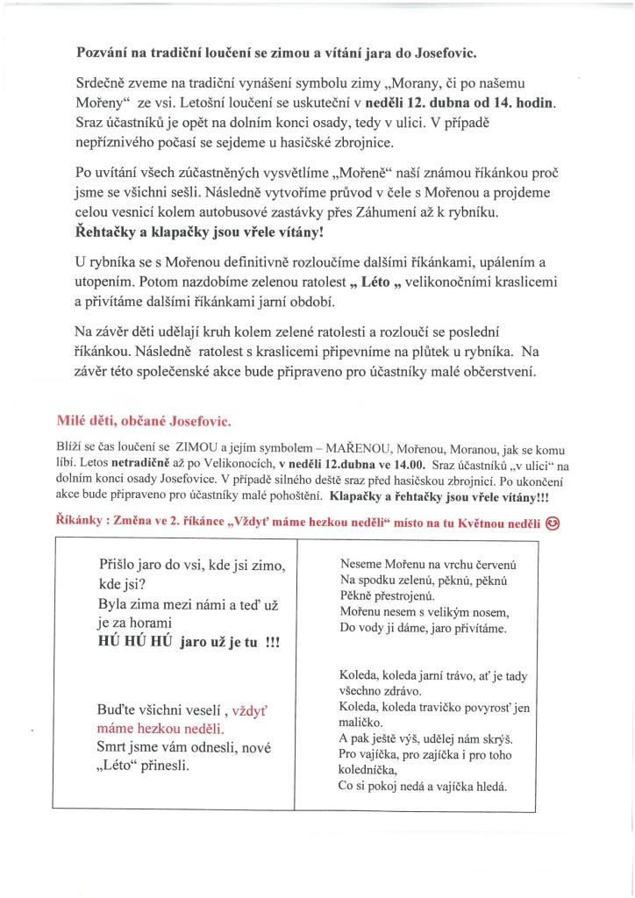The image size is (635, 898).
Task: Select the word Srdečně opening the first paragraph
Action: (x=104, y=83)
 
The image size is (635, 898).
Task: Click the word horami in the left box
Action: (x=149, y=621)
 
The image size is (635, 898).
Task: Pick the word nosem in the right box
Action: (x=491, y=611)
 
